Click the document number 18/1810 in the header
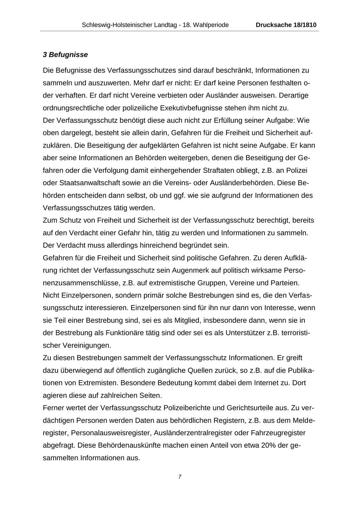(303, 25)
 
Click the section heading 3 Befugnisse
(65, 54)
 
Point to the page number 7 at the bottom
(180, 477)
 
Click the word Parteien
(285, 283)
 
